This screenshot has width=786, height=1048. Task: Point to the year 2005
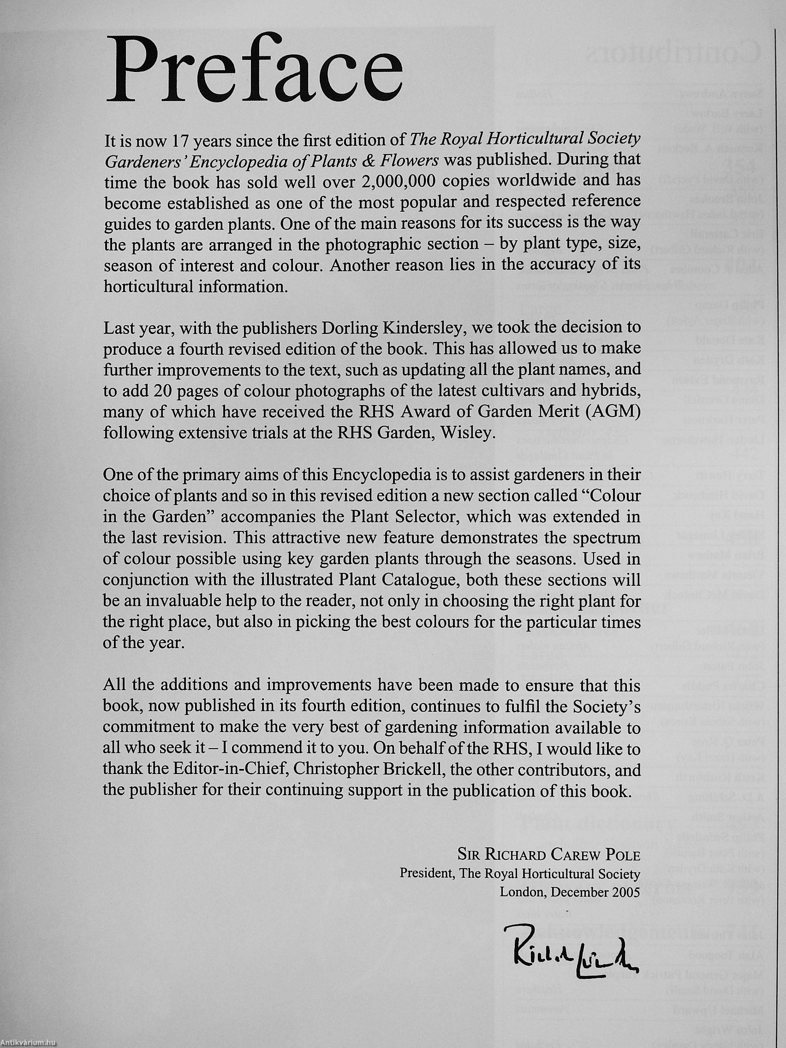pyautogui.click(x=625, y=892)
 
